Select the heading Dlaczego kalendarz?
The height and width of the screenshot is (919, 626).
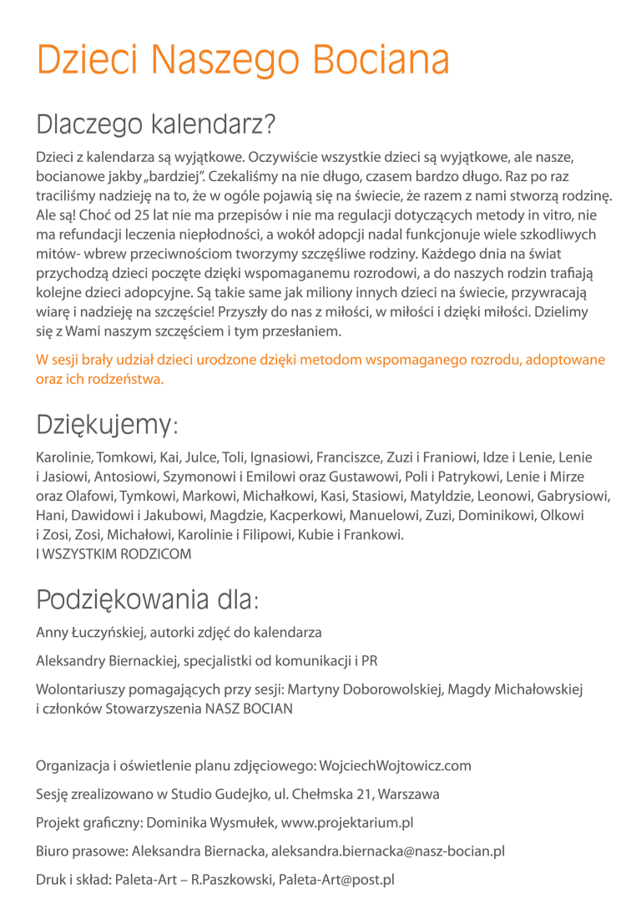click(155, 124)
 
